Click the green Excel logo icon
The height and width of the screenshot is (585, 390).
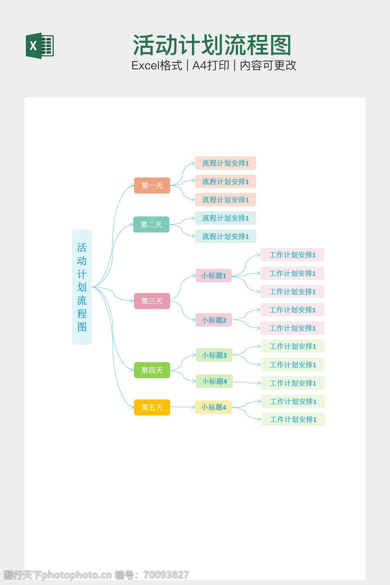40,46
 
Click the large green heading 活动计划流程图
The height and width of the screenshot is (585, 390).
212,45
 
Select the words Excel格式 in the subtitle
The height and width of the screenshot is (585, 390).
157,66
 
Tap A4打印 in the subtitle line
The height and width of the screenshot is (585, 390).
211,66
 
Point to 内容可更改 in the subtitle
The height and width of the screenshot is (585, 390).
268,66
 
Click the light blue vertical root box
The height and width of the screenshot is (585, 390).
82,287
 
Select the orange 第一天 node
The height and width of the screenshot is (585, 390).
152,185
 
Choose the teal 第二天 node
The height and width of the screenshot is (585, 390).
151,224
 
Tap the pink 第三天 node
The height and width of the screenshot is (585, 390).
152,301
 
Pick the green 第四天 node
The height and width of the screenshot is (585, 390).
152,370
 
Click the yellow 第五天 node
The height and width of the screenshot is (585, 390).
152,407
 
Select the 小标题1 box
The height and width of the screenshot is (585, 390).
214,275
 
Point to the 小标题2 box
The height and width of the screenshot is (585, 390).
214,320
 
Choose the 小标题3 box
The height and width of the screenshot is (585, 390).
214,355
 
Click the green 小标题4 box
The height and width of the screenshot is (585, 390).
214,381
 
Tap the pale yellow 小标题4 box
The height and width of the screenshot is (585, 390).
214,407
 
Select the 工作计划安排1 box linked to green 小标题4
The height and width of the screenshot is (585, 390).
292,383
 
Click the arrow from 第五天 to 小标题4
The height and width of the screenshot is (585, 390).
183,407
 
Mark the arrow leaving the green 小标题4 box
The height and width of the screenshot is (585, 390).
247,382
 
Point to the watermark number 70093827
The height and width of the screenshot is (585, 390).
166,575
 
